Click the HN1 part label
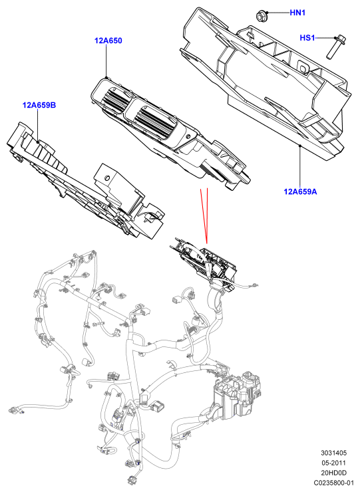point(297,13)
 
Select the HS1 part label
point(307,38)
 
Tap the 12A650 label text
point(108,41)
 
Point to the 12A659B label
point(39,105)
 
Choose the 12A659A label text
point(300,191)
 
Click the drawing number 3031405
point(333,453)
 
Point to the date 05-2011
point(333,463)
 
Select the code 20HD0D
point(333,473)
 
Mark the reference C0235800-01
point(333,483)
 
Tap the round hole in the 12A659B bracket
point(107,178)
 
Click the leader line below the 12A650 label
point(106,61)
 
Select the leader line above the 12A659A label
point(299,166)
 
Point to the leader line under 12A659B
point(38,126)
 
